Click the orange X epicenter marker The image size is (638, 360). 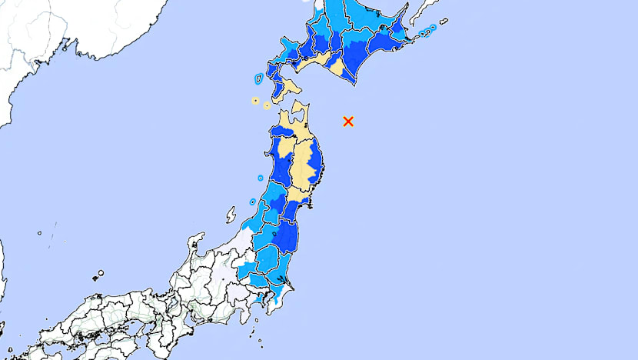coord(348,121)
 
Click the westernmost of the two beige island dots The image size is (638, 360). coord(254,100)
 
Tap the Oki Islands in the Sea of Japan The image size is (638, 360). coord(98,274)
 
